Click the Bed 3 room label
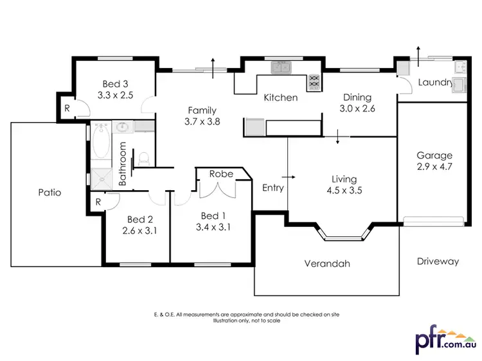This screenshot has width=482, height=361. coord(116,84)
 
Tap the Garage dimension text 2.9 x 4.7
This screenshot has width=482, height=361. coord(434,166)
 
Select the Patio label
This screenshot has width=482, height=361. coord(49,192)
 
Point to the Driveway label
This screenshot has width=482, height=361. coord(438,261)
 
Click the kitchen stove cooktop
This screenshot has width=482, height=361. coord(314,82)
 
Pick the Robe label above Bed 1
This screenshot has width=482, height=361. coord(221,173)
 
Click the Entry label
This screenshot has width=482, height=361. coord(272,188)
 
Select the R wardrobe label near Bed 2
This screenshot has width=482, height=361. coord(98,202)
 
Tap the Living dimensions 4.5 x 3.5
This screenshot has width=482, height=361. coord(344,190)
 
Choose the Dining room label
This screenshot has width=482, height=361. coord(357,98)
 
